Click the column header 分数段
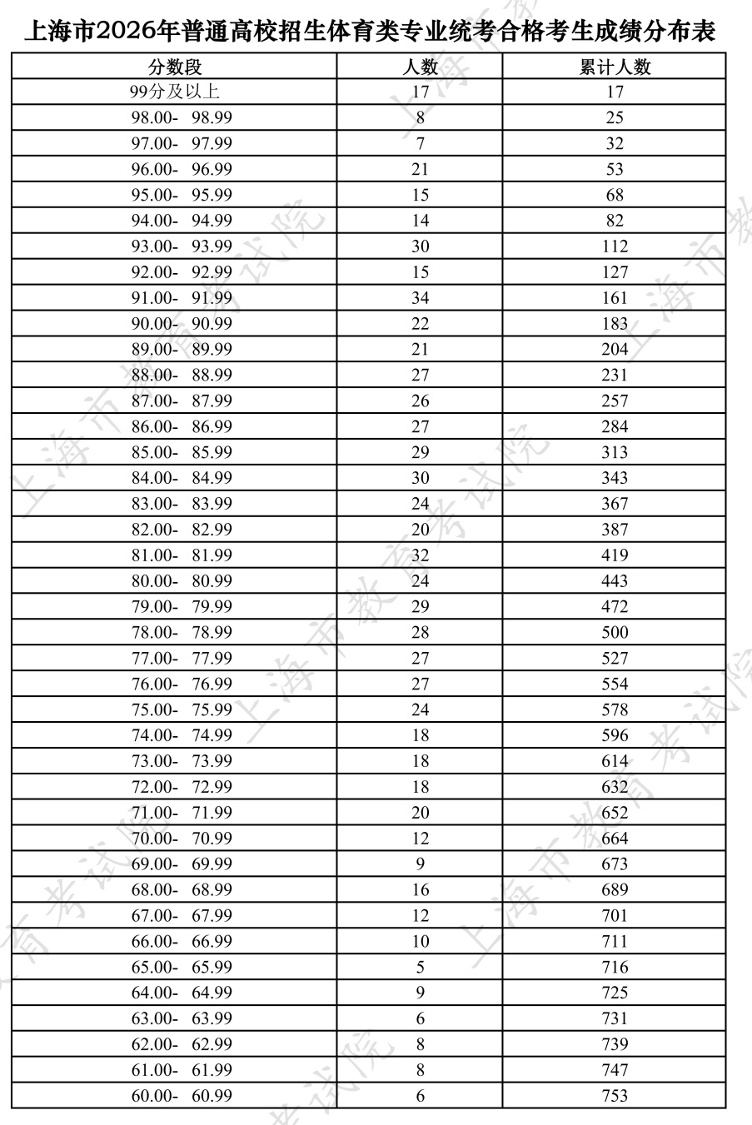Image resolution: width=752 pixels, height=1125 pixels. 175,67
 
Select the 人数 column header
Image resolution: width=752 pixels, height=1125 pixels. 420,67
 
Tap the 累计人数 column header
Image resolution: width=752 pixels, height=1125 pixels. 615,67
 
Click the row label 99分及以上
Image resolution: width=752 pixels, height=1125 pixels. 175,92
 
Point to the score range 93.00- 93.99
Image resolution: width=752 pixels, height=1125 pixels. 182,246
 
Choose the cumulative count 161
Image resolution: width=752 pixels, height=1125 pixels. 615,298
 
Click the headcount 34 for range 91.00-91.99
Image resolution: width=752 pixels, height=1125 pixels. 420,298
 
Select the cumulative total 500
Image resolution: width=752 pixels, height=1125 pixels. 615,633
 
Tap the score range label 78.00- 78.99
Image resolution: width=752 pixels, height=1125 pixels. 182,633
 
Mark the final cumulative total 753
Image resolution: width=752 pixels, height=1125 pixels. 615,1096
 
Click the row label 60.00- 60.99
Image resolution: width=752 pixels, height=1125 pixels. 182,1096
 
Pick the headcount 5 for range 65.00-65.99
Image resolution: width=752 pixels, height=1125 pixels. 420,968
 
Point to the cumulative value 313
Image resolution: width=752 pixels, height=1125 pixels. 615,453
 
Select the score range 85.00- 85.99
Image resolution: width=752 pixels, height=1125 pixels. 182,453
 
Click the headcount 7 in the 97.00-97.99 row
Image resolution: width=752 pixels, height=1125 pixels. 420,143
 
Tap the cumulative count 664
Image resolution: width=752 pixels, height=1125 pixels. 615,839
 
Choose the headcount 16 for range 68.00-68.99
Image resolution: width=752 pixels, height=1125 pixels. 420,890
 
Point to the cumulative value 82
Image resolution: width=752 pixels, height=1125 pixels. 615,221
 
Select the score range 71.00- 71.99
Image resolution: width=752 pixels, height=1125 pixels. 182,813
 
